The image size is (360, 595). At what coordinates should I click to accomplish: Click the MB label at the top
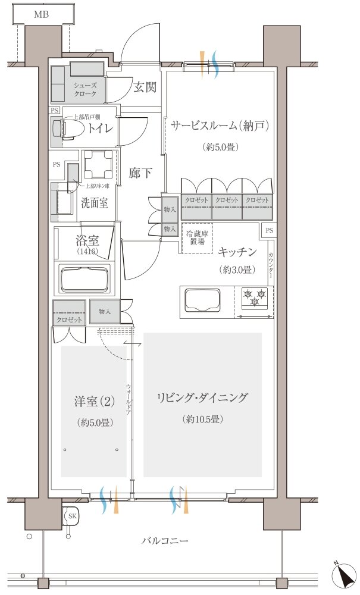[x=41, y=14]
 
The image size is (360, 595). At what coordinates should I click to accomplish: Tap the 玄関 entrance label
[x=145, y=87]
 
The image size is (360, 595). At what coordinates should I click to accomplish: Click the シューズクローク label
[x=85, y=90]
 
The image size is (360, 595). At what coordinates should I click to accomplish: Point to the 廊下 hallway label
[x=140, y=174]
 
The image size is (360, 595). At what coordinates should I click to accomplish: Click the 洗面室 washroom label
[x=94, y=202]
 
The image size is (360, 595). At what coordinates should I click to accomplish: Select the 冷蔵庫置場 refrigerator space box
[x=196, y=238]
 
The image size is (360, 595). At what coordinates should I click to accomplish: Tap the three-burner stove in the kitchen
[x=255, y=297]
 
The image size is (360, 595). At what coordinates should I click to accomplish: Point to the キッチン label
[x=237, y=252]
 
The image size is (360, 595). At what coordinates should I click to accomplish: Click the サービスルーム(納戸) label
[x=220, y=126]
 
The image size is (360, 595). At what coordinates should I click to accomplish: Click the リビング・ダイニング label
[x=202, y=398]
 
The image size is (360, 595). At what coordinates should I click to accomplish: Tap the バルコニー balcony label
[x=165, y=541]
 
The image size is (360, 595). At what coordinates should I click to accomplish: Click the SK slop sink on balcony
[x=71, y=516]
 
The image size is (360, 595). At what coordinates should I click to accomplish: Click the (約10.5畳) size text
[x=202, y=419]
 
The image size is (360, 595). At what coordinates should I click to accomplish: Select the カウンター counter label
[x=271, y=266]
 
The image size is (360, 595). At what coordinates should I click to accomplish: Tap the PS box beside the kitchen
[x=269, y=230]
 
